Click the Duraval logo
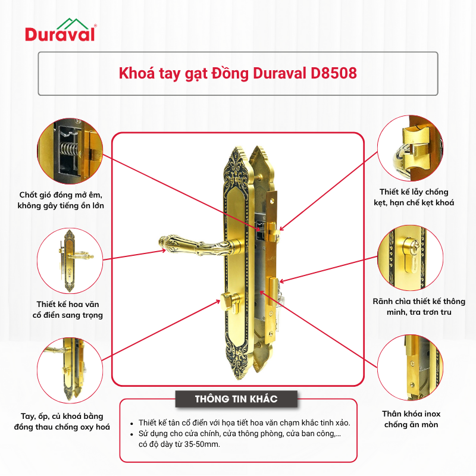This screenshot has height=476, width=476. click(61, 30)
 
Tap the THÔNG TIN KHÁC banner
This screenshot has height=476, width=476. click(236, 399)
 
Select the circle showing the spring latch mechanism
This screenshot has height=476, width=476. click(70, 151)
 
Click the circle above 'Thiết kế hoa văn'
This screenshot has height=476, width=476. click(70, 261)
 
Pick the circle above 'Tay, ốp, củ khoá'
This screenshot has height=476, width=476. click(70, 371)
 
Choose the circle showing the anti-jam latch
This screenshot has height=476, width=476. click(410, 148)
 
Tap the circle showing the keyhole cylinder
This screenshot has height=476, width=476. click(410, 258)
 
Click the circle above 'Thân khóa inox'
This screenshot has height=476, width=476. click(410, 368)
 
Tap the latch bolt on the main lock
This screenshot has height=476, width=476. click(274, 229)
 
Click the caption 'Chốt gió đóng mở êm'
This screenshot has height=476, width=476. click(61, 195)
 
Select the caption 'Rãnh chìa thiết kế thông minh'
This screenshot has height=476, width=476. click(419, 306)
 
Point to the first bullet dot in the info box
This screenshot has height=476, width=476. click(131, 424)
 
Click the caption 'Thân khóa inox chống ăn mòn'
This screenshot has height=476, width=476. click(411, 419)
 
